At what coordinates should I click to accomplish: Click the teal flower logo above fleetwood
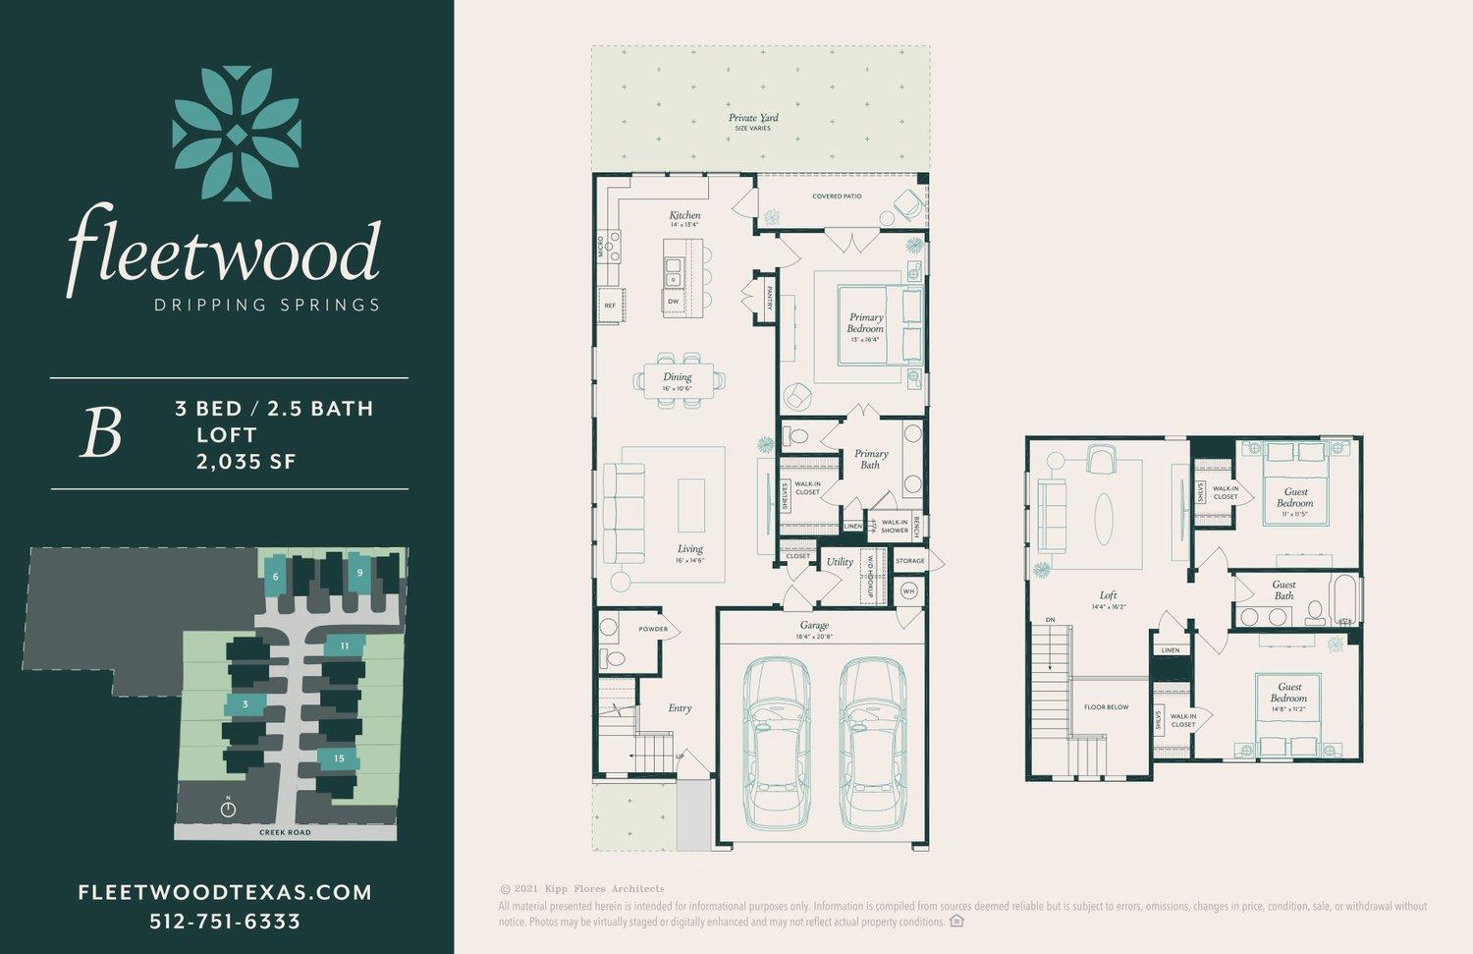point(237,134)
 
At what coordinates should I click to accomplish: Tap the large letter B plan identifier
point(100,433)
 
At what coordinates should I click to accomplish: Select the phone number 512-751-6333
point(225,922)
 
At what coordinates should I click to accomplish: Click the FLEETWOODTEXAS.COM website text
point(225,892)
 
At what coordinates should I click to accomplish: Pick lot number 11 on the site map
point(345,646)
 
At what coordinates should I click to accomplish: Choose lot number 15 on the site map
point(339,758)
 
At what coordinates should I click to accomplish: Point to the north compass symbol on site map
point(228,809)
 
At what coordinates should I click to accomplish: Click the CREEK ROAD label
point(285,832)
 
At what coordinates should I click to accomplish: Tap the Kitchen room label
point(684,215)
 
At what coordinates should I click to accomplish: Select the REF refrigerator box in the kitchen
point(610,306)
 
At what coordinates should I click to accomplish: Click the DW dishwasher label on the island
point(674,301)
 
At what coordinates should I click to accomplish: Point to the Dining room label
point(677,376)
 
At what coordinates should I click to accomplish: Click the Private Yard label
point(753,118)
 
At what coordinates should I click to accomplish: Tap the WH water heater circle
point(908,591)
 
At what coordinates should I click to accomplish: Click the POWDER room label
point(653,629)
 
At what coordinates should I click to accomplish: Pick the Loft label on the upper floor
point(1108,595)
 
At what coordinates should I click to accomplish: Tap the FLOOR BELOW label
point(1106,707)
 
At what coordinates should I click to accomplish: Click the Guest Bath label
point(1283,589)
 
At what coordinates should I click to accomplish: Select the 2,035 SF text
point(245,461)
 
